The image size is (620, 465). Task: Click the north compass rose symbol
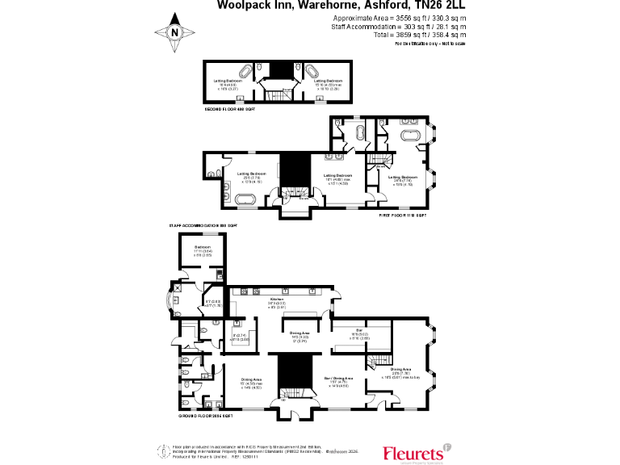176,32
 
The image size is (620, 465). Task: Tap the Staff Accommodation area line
398,27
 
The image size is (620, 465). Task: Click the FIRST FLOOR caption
403,216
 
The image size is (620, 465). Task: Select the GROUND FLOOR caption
207,415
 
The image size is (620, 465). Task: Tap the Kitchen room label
278,298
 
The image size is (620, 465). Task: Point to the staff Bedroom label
202,247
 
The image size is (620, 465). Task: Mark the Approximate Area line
399,18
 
